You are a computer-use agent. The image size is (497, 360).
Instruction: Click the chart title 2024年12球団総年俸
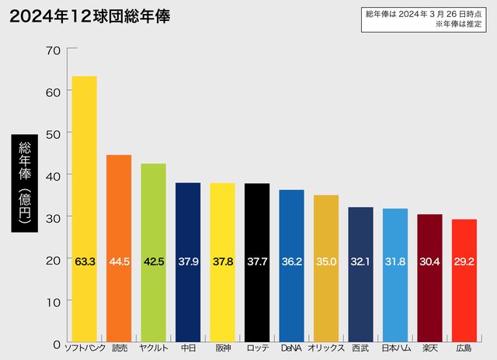tap(91, 16)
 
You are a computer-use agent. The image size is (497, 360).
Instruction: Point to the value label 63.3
tap(85, 262)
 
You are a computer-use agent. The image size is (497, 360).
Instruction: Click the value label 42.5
tap(154, 262)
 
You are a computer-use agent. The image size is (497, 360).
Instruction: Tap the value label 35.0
tap(326, 262)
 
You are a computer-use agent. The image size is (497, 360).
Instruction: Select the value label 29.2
tap(464, 262)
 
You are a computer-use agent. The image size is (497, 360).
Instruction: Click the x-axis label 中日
tap(188, 348)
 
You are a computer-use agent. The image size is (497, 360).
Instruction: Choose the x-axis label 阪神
tap(222, 348)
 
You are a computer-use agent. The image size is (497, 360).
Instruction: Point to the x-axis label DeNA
tap(291, 348)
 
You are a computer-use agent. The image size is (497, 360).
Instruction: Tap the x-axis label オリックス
tap(326, 348)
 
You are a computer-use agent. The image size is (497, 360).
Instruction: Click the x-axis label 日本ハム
tap(395, 348)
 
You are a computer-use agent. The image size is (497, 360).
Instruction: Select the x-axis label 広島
tap(464, 348)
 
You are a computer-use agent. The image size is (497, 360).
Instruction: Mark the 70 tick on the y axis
tap(53, 50)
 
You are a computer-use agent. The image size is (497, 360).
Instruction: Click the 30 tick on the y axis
tap(53, 217)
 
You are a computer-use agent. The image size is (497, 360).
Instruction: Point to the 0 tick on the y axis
tap(56, 343)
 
